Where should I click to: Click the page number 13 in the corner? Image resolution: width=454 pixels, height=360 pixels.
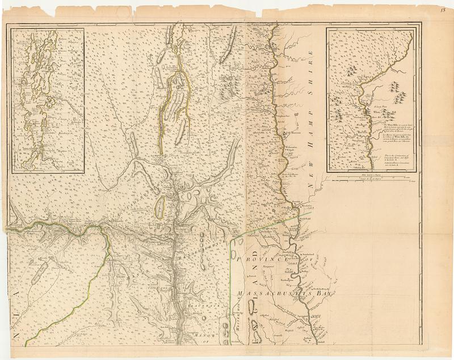[443, 7]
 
